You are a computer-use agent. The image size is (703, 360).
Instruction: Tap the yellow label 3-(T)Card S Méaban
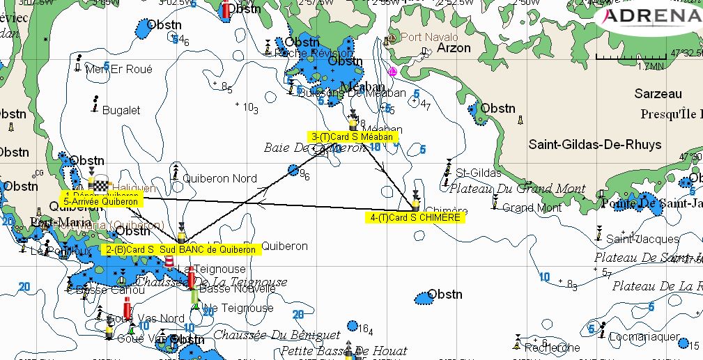click(x=353, y=137)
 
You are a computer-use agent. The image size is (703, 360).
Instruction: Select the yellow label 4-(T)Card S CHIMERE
click(x=415, y=218)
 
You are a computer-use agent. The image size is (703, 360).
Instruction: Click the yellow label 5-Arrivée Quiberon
click(x=100, y=202)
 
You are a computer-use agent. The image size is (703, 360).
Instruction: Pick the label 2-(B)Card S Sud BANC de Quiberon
click(x=181, y=249)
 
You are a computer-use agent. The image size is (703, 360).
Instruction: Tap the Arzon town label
click(x=454, y=49)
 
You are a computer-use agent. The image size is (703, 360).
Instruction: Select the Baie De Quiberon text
click(x=315, y=148)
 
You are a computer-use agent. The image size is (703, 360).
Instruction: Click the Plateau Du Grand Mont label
click(x=518, y=188)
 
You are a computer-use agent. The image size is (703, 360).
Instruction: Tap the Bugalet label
click(x=121, y=110)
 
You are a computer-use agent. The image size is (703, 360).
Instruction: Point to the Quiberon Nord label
click(x=219, y=178)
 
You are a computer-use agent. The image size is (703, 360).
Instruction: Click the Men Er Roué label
click(x=118, y=70)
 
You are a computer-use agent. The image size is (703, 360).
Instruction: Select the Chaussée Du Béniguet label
click(x=277, y=335)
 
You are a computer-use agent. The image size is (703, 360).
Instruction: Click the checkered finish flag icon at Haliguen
click(x=102, y=185)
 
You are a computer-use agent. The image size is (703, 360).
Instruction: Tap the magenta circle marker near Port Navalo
click(x=393, y=72)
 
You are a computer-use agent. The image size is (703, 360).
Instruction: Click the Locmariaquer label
click(x=643, y=336)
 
